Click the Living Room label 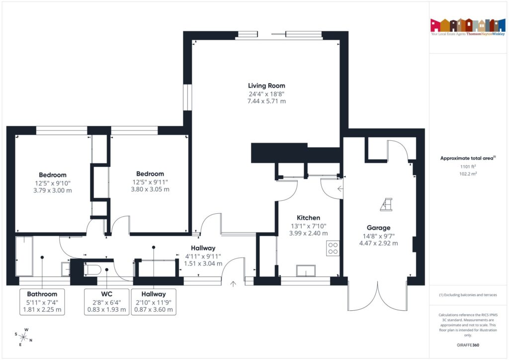(266, 86)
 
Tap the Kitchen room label (308, 218)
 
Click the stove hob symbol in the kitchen (333, 248)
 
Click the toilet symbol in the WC (93, 270)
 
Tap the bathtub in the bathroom (23, 257)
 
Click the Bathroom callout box (42, 301)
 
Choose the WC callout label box (106, 301)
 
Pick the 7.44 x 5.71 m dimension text (266, 101)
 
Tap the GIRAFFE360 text (469, 345)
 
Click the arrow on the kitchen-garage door (339, 188)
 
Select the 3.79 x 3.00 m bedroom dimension (53, 190)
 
